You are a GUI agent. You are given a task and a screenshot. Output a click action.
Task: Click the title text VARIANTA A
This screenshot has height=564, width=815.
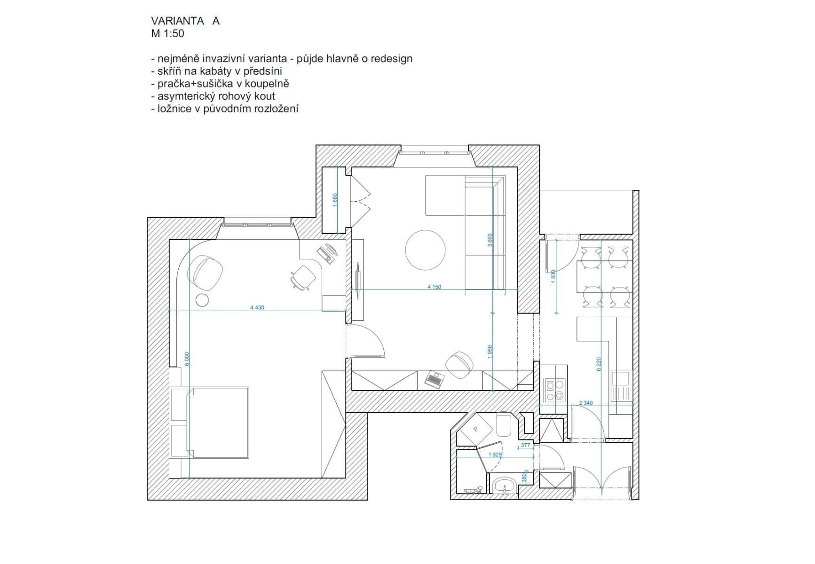185,21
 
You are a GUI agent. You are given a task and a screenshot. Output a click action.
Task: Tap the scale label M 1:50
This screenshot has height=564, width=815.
167,33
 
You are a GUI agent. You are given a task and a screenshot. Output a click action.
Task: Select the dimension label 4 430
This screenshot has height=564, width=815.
257,307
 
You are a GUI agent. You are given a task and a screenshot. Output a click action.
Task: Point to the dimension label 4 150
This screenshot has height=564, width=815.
434,287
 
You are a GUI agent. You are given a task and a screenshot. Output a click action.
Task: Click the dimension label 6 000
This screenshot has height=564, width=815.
187,359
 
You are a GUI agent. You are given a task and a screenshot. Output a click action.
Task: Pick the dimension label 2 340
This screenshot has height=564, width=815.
586,403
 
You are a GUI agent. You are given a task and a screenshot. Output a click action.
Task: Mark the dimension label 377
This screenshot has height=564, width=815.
526,445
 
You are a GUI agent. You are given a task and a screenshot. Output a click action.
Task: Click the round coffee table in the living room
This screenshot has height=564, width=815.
425,250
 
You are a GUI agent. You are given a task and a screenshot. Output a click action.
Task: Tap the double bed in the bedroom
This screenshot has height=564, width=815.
218,422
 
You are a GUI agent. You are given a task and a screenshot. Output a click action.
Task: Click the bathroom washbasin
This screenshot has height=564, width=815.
505,484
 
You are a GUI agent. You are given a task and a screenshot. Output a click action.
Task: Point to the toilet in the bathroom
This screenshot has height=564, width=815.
503,424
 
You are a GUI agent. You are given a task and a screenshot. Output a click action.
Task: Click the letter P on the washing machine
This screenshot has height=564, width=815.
475,429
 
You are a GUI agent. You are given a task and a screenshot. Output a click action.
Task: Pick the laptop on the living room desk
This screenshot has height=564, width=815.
434,379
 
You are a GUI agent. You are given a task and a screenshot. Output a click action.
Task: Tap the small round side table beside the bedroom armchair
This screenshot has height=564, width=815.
202,300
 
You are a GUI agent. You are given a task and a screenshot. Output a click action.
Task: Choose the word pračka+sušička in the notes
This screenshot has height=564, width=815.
196,84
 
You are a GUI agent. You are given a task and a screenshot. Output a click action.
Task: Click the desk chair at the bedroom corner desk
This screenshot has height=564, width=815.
303,277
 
